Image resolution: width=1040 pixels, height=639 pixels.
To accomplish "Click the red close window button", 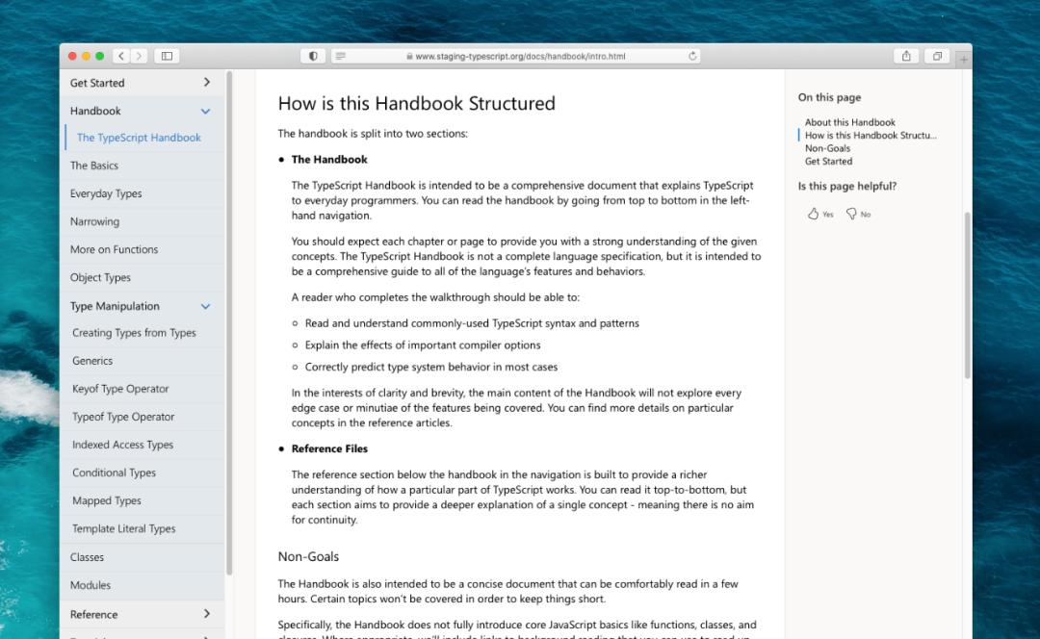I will tap(72, 56).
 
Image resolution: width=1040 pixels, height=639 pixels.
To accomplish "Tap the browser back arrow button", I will tap(121, 56).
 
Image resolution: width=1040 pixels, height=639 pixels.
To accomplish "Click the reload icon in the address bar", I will tap(692, 56).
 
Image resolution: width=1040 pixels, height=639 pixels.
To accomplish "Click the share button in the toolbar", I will tap(906, 56).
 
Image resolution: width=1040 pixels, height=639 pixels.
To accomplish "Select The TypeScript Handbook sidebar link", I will tap(139, 138).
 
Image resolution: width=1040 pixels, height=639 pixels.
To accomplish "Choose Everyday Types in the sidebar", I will tap(106, 193).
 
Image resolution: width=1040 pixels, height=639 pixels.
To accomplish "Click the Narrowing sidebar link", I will tap(94, 221).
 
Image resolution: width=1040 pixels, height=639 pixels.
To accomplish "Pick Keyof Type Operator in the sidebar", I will tap(120, 389).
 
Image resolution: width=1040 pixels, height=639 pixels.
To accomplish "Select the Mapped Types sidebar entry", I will tap(107, 500).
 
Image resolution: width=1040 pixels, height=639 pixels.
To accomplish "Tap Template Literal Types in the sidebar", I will tap(123, 528).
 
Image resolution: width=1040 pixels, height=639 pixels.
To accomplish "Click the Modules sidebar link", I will tap(91, 585).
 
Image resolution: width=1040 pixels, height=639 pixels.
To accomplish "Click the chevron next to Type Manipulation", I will tap(205, 306).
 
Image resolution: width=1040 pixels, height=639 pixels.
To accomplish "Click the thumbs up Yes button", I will tap(820, 214).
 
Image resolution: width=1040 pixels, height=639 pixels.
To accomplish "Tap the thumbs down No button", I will tap(858, 214).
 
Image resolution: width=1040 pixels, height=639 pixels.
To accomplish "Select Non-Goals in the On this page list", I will tap(827, 148).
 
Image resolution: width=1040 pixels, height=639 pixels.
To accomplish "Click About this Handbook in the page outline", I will tap(850, 122).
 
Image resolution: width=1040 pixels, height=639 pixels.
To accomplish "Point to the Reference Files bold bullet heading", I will tap(329, 448).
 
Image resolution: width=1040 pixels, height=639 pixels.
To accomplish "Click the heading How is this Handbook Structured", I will tap(416, 103).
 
